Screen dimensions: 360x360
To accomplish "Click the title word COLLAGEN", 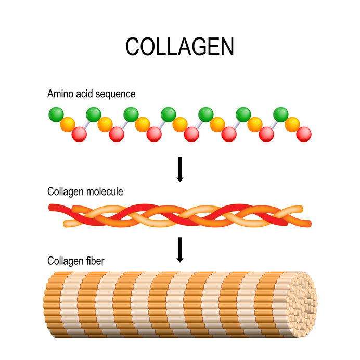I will pyautogui.click(x=179, y=47).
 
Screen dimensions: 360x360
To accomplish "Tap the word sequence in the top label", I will pyautogui.click(x=118, y=95).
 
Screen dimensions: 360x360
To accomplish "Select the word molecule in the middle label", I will pyautogui.click(x=105, y=192).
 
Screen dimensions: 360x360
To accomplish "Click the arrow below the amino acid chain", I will pyautogui.click(x=180, y=169).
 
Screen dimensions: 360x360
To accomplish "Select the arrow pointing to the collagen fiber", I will pyautogui.click(x=180, y=250).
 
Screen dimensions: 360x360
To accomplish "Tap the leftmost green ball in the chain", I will pyautogui.click(x=56, y=114).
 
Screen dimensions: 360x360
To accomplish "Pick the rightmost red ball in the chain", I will pyautogui.click(x=304, y=134).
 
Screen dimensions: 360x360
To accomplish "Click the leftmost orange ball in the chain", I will pyautogui.click(x=67, y=124).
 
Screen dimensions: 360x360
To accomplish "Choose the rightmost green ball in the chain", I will pyautogui.click(x=281, y=114).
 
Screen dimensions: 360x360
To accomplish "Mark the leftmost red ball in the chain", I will pyautogui.click(x=79, y=134).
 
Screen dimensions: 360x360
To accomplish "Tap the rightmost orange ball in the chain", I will pyautogui.click(x=292, y=124).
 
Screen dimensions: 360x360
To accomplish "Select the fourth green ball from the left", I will pyautogui.click(x=168, y=114).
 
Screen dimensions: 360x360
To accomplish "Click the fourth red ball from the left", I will pyautogui.click(x=191, y=134).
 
